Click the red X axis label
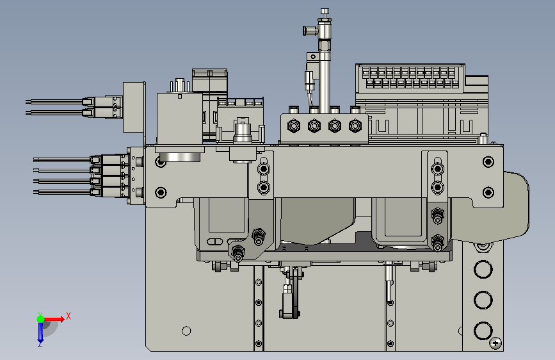pyautogui.click(x=68, y=316)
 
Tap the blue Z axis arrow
pyautogui.click(x=40, y=332)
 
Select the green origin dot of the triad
pyautogui.click(x=40, y=319)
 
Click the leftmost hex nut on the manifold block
pyautogui.click(x=294, y=126)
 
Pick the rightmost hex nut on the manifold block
pyautogui.click(x=355, y=126)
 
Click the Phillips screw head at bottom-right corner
pyautogui.click(x=495, y=343)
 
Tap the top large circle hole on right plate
pyautogui.click(x=483, y=269)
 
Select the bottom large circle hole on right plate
pyautogui.click(x=483, y=331)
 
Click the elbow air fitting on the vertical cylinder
pyautogui.click(x=310, y=31)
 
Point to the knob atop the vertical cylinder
pyautogui.click(x=325, y=13)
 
